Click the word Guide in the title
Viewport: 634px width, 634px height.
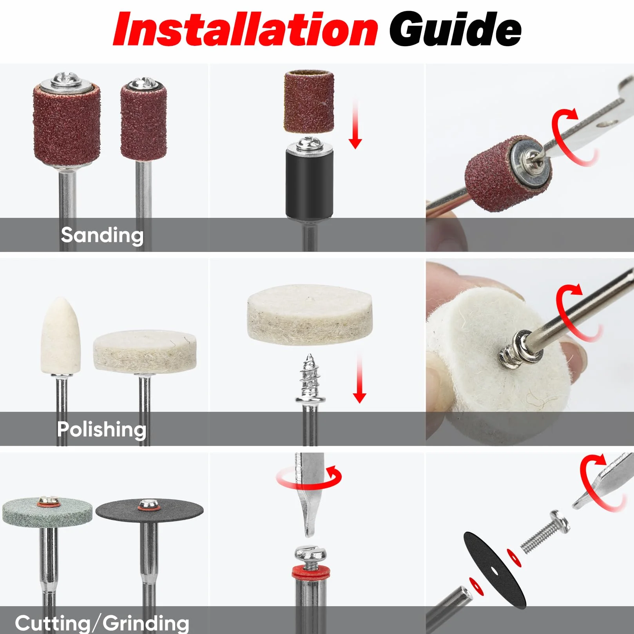(x=455, y=29)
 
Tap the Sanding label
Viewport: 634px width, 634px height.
(x=102, y=235)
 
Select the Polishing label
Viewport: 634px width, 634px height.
(x=101, y=429)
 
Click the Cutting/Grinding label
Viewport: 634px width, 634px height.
(x=102, y=623)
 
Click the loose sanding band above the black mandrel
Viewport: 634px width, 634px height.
(x=309, y=101)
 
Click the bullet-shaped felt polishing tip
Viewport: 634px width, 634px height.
(x=60, y=335)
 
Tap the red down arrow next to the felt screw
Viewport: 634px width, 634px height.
(x=359, y=378)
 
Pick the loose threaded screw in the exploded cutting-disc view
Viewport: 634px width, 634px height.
(x=545, y=531)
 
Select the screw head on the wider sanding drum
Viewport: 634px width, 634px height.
(x=66, y=80)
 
